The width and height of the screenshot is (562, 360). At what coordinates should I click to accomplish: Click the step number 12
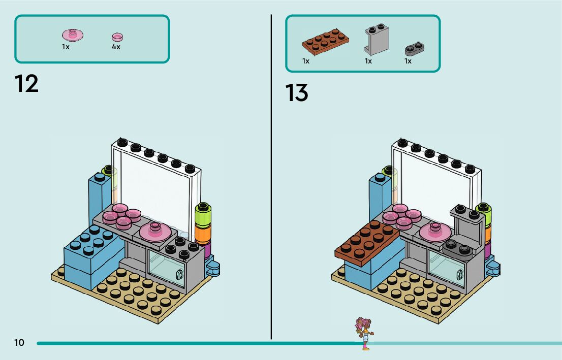26,84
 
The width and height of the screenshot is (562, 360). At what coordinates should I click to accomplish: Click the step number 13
297,93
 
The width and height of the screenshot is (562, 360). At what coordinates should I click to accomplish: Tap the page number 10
19,343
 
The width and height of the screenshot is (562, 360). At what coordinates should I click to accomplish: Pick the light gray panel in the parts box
376,39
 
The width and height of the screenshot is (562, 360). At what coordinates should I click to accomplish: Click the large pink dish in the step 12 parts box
73,35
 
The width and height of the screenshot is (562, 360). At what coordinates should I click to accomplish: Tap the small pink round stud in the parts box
117,37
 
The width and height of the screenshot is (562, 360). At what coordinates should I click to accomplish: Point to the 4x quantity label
116,47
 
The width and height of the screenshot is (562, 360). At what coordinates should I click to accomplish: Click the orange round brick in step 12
202,234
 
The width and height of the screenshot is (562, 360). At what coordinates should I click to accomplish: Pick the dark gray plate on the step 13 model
458,249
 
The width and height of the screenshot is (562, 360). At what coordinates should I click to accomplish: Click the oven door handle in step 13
459,275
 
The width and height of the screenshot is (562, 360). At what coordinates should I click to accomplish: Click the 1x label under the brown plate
306,61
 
